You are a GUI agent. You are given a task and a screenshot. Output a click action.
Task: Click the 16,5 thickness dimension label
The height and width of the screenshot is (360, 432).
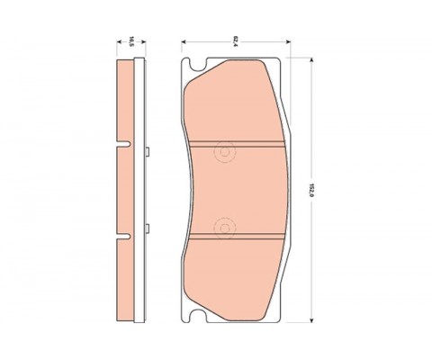(131, 41)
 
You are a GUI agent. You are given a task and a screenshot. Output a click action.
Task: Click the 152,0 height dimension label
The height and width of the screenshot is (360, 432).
(311, 190)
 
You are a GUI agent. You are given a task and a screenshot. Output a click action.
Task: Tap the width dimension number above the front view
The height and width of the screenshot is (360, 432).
(236, 41)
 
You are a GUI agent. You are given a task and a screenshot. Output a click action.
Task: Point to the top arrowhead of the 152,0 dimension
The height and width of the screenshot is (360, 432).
(311, 60)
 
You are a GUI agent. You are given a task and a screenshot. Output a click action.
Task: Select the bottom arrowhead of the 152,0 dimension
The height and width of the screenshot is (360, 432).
(311, 319)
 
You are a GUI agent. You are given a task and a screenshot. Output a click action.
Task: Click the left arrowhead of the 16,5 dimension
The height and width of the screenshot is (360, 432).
(119, 41)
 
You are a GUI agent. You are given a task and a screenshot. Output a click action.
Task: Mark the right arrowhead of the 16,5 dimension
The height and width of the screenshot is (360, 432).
(143, 41)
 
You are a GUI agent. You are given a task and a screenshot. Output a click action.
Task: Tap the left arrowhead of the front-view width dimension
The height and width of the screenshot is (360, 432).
(184, 41)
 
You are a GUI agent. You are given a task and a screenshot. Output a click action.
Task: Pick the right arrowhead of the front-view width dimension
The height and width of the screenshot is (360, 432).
(288, 41)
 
